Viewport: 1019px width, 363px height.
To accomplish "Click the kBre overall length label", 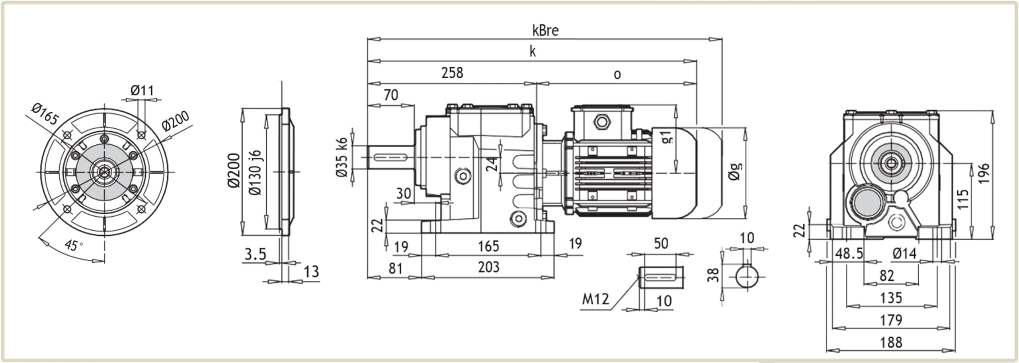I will pos(545,31).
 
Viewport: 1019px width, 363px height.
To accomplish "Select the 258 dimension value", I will pos(452,73).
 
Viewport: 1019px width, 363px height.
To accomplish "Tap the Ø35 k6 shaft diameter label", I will pos(342,157).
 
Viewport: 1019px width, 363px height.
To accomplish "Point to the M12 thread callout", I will pos(595,299).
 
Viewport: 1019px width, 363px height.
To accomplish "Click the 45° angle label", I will pos(73,245).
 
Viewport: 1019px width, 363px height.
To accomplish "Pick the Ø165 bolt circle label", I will pos(45,114).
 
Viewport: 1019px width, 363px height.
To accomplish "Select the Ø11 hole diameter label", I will pos(142,91).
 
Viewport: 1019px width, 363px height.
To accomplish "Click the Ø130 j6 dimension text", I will pos(255,173).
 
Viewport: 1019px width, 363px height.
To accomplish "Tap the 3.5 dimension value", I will pos(255,254).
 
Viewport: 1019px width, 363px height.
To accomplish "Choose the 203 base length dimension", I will pos(488,267).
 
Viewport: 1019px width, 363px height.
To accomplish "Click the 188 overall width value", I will pos(891,342).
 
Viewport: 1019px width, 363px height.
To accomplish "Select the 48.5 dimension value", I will pos(849,253).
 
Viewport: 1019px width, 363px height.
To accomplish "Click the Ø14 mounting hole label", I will pos(904,253).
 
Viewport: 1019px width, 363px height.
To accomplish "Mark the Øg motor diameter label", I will pos(735,171).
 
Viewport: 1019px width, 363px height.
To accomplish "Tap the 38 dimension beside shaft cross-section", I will pos(713,275).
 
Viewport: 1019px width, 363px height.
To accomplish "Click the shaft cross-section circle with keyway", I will pos(746,277).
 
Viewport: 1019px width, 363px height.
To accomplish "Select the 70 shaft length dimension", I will pos(390,95).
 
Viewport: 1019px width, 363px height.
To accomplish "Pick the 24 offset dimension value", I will pos(492,163).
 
